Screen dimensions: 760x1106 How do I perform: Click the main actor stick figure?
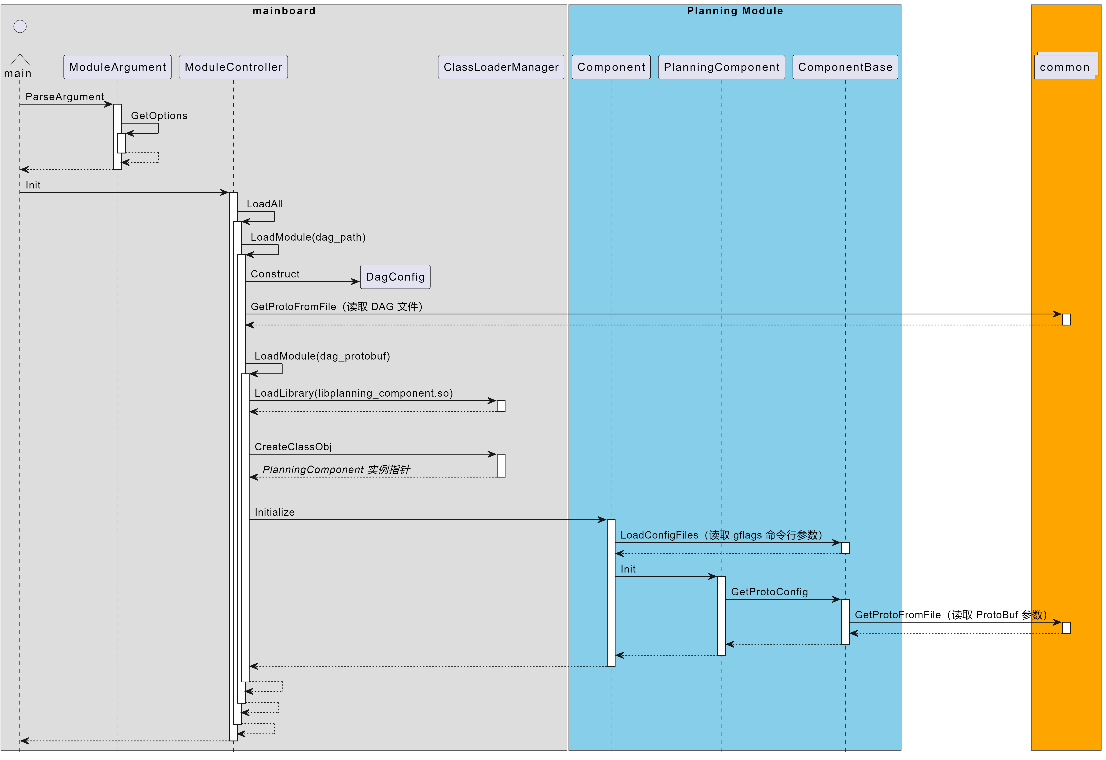point(20,43)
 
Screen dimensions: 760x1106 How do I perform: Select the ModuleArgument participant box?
point(117,67)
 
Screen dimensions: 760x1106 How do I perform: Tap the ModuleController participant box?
point(233,67)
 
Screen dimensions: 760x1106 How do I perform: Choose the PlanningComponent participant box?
point(721,67)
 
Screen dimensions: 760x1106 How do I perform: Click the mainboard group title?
point(284,11)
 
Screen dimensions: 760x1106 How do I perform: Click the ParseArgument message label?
point(65,97)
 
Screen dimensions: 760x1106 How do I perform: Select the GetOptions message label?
point(159,116)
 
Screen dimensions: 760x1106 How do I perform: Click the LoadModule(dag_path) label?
point(308,237)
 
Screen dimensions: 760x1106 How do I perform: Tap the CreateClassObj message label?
point(293,447)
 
